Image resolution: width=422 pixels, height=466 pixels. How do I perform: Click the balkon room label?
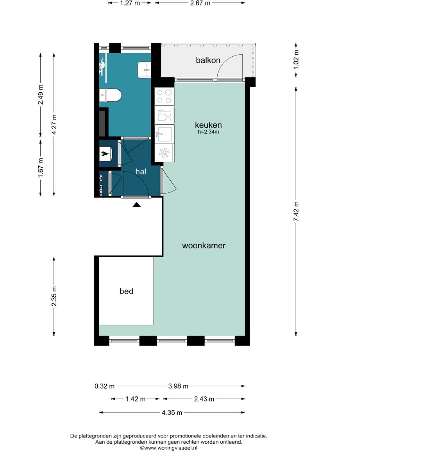click(x=208, y=60)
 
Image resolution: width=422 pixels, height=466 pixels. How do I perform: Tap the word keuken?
click(x=208, y=125)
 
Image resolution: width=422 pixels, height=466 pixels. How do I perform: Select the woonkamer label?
click(x=204, y=246)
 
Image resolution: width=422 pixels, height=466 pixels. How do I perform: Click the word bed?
click(x=127, y=291)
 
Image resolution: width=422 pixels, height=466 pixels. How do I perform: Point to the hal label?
click(x=141, y=172)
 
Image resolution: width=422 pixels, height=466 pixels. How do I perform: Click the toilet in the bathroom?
click(x=110, y=95)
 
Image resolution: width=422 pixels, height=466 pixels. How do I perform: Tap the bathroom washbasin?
click(x=144, y=70)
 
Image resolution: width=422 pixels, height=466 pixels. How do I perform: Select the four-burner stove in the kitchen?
click(x=165, y=96)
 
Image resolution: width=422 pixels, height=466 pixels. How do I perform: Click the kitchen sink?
click(x=165, y=134)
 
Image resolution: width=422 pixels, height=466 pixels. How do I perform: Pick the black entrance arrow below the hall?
click(x=137, y=204)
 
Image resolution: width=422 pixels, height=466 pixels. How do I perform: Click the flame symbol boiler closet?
click(x=105, y=154)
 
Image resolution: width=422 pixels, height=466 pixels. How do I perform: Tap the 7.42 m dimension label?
click(x=296, y=211)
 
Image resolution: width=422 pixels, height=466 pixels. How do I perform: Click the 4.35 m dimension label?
click(x=172, y=412)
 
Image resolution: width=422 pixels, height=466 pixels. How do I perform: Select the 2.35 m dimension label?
click(x=54, y=296)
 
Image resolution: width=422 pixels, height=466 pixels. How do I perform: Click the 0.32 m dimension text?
click(x=105, y=386)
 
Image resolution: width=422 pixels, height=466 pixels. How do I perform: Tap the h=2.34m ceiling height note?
click(x=209, y=132)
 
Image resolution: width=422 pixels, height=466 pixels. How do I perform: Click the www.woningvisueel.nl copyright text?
click(x=169, y=448)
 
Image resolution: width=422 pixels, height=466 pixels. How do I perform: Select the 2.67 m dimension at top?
click(x=200, y=3)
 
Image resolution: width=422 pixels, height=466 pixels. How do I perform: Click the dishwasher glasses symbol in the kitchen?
click(x=165, y=115)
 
